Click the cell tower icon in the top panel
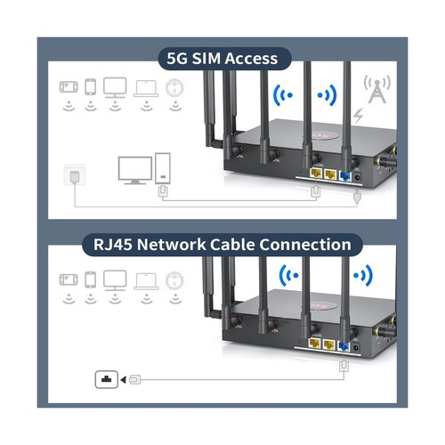point(377,90)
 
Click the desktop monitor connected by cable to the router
point(136,170)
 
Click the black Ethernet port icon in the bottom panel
point(106,380)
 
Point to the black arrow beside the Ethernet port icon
point(124,380)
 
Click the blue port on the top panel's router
point(345,175)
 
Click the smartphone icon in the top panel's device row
point(89,87)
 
